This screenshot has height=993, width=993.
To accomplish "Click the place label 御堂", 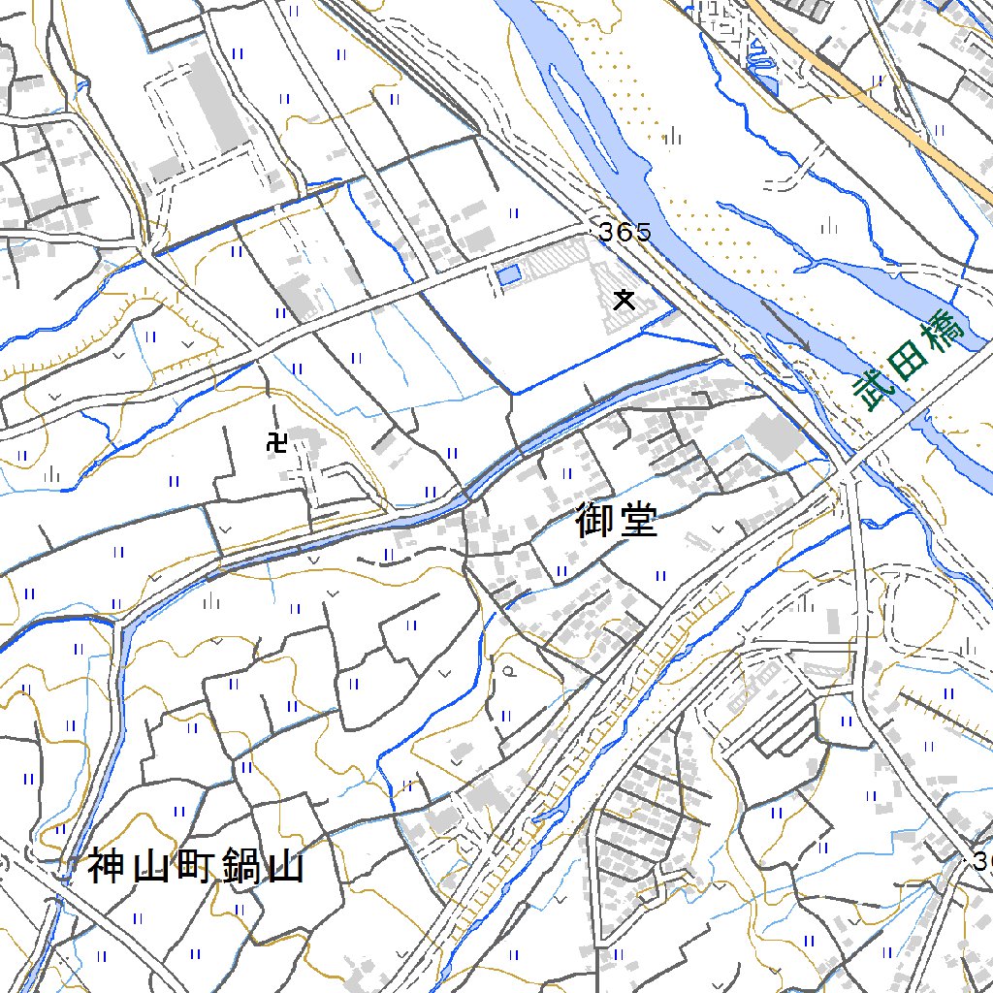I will coord(616,520).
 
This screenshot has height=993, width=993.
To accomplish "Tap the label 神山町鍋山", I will coord(196,866).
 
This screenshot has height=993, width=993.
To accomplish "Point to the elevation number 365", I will coord(625,233).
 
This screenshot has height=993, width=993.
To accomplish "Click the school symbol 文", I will coord(624,300).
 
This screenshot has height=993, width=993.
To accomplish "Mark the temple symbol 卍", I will coord(276,442).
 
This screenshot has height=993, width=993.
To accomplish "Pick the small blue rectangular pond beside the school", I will coord(508,275).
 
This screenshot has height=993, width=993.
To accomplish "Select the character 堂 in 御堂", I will coord(640,520).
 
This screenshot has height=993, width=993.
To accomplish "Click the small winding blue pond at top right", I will coord(763,68).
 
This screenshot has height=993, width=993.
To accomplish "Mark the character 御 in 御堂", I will coord(593,520).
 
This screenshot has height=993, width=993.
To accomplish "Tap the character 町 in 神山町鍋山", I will coord(197,866).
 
